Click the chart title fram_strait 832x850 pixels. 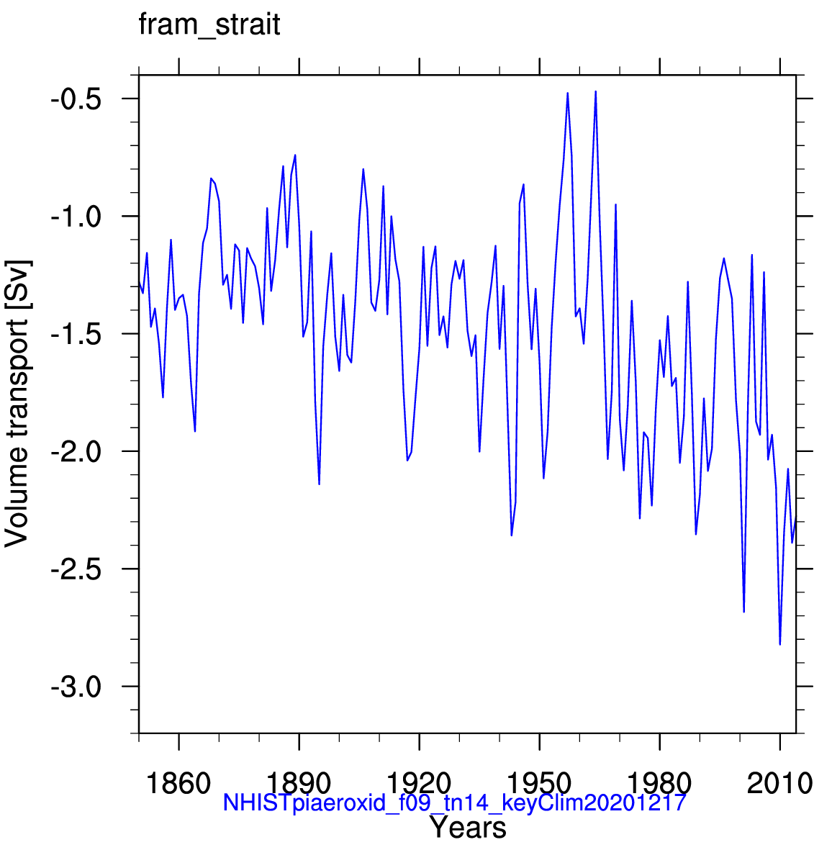tap(209, 26)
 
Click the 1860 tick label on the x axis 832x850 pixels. tap(178, 782)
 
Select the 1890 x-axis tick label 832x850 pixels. tap(299, 782)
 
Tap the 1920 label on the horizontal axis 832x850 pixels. tap(419, 782)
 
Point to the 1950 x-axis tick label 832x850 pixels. tap(539, 782)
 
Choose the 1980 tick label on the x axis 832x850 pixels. tap(659, 782)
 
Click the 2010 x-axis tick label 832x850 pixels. tap(779, 782)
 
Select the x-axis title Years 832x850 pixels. tap(468, 828)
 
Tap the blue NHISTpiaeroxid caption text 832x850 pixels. tap(453, 802)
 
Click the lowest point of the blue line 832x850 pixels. tap(779, 644)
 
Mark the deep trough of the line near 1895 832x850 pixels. tap(319, 484)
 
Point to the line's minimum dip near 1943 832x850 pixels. tap(512, 535)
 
